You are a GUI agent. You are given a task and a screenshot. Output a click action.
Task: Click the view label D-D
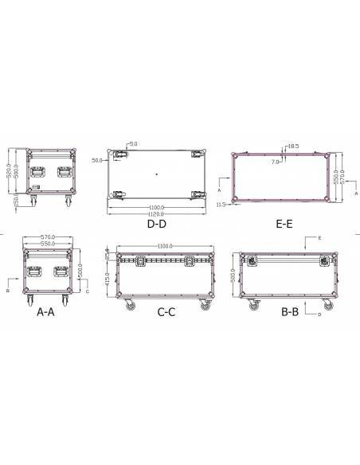(156, 225)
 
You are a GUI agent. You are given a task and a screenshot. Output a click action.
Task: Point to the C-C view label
(166, 313)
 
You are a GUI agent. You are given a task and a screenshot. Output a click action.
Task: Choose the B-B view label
(290, 313)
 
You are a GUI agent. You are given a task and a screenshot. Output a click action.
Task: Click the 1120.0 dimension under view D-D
(156, 213)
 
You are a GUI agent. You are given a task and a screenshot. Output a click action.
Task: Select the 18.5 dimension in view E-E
(292, 147)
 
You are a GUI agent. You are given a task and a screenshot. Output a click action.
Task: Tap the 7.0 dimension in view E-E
(276, 161)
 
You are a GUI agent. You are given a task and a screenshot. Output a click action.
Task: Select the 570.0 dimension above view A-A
(51, 236)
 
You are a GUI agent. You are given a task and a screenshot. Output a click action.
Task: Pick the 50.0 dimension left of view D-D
(97, 160)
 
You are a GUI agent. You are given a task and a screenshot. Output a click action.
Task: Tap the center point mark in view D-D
(157, 173)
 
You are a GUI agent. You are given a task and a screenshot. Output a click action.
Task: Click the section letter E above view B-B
(319, 238)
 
